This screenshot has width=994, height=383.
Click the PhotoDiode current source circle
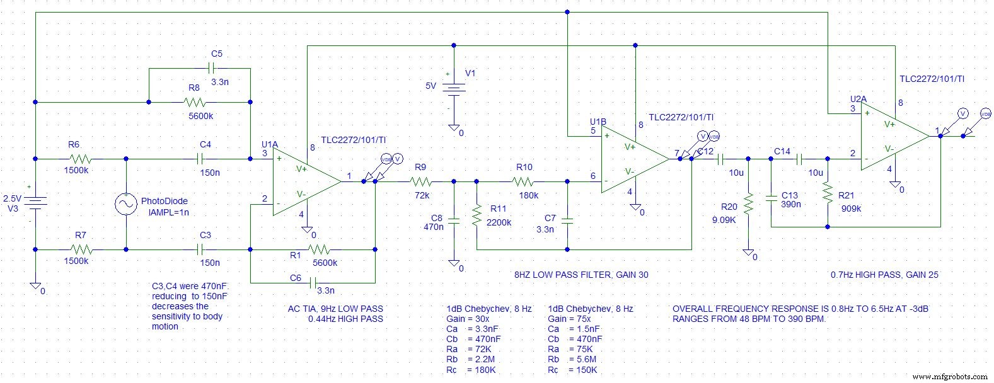pos(126,203)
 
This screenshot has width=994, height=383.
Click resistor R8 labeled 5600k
pos(195,101)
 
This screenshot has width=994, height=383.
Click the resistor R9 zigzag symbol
pos(420,182)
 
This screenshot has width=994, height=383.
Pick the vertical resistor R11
pos(477,216)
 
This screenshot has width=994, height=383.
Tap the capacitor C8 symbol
pos(454,219)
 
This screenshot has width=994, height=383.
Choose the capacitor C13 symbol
pos(772,199)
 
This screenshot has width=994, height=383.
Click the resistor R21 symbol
pos(826,193)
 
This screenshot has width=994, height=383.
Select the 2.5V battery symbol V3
pos(36,202)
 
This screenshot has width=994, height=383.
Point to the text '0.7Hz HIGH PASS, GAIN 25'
pos(885,275)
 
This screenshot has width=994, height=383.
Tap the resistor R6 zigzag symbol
pos(80,159)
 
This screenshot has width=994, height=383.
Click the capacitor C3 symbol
pos(205,249)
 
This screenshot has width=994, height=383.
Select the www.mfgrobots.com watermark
pos(951,376)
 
